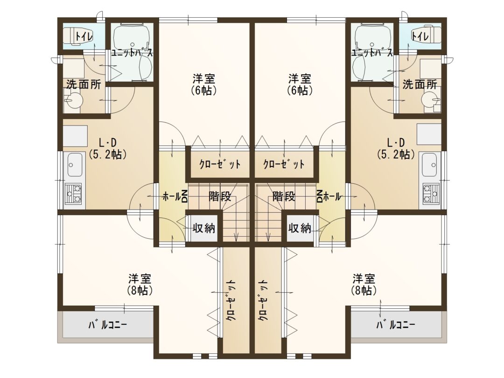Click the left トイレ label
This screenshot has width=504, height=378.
84,36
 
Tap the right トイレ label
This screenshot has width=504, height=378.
420,36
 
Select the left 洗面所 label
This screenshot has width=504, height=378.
84,84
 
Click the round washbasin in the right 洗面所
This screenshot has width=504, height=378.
429,98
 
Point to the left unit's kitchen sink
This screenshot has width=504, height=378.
75,165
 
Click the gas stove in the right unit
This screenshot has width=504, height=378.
431,194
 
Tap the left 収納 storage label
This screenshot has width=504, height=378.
204,228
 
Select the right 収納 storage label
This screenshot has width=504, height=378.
300,228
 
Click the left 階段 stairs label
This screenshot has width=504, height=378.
220,196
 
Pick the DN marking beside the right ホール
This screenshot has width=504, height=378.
320,196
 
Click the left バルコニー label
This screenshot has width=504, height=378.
108,325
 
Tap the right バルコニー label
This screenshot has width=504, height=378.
396,325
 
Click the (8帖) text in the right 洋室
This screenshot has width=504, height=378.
364,290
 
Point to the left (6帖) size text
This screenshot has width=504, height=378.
204,91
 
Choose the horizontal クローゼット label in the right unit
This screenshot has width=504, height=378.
284,164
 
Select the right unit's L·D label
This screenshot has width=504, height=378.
396,142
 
